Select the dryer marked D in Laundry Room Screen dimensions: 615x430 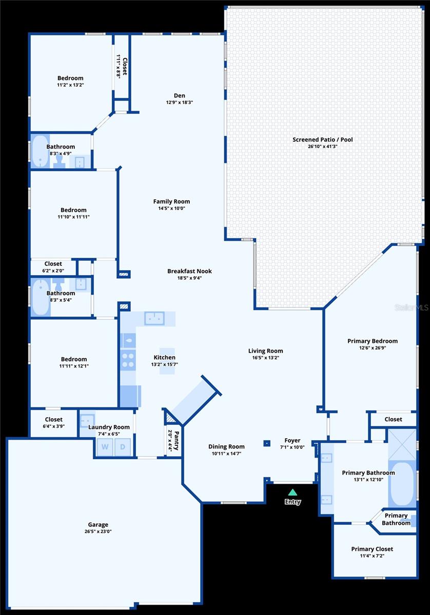point(123,446)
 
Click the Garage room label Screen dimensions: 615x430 point(98,524)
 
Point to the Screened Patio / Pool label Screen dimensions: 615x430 point(323,139)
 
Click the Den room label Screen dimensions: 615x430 point(180,95)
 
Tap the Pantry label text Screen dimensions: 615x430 point(176,440)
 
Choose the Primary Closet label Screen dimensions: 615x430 point(372,549)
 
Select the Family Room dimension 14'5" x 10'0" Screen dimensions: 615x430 point(171,209)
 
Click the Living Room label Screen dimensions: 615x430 point(266,351)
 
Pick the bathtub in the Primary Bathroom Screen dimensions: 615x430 point(402,484)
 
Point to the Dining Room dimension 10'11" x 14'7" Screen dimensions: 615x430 point(226,454)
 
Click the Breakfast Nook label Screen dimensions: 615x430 point(189,271)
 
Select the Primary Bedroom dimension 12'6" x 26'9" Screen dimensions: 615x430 point(372,348)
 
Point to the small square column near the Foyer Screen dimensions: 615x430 point(267,443)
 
